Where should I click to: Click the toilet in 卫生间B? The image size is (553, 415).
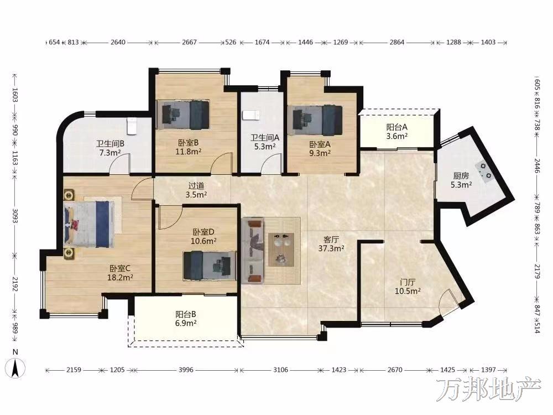tap(132, 126)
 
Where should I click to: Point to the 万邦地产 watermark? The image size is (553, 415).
tap(488, 389)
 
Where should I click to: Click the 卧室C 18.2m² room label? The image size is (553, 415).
tap(120, 273)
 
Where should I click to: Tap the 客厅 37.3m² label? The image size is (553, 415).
tap(331, 244)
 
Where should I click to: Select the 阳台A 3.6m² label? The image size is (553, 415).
tap(397, 131)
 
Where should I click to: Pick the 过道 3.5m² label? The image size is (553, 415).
tap(196, 190)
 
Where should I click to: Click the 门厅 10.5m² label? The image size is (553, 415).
tap(408, 287)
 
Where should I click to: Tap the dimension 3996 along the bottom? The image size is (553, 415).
tap(186, 370)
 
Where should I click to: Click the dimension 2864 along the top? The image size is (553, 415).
tap(397, 42)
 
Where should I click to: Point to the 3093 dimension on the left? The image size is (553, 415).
tap(15, 216)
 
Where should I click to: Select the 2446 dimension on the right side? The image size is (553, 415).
tap(537, 166)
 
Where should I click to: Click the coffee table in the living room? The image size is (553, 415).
tap(281, 250)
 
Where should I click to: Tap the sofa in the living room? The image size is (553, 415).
tap(253, 251)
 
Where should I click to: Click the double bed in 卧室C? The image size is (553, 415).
tap(89, 224)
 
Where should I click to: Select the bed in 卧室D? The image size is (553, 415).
tap(210, 266)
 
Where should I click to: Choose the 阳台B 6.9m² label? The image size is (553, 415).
tap(186, 318)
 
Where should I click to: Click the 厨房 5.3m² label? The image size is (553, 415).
tap(461, 180)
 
